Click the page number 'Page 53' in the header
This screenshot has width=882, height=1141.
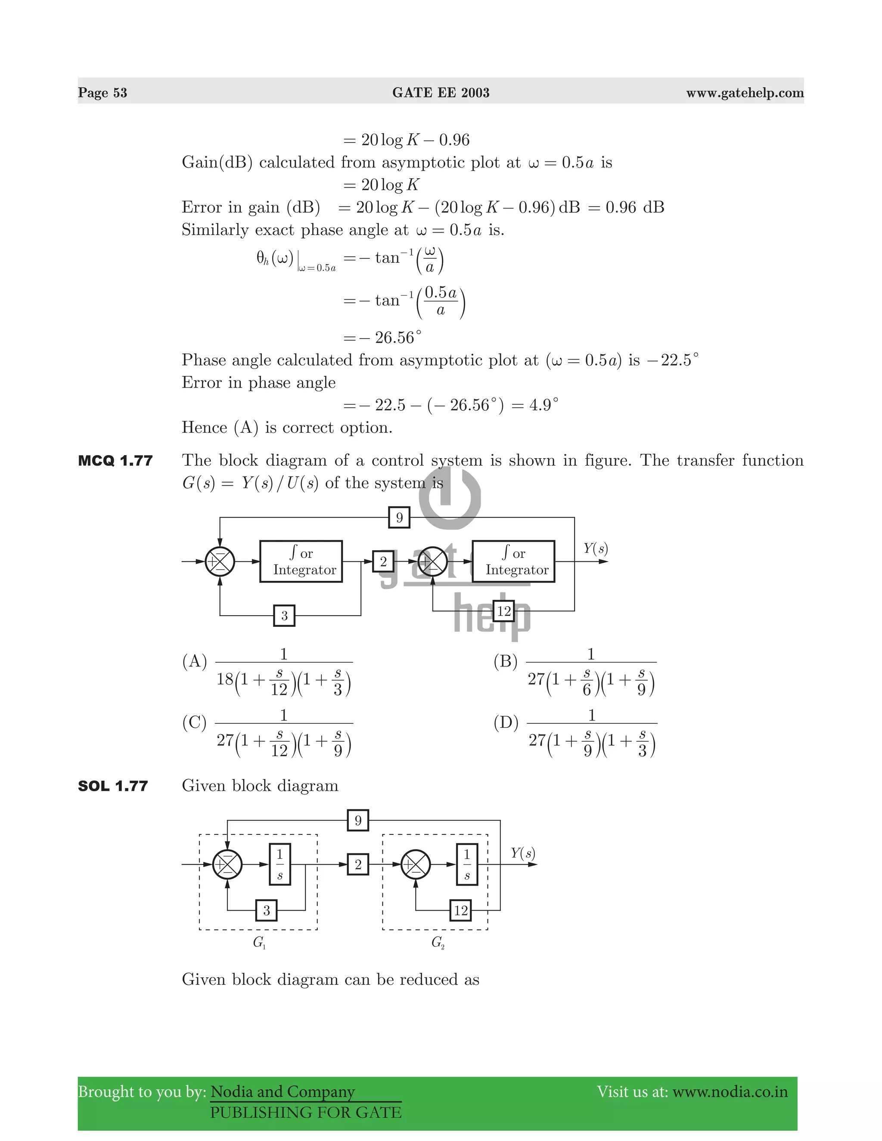(x=102, y=93)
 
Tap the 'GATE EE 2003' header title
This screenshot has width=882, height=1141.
(x=441, y=93)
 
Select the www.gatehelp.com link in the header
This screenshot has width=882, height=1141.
(x=745, y=93)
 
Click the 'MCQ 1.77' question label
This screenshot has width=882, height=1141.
(x=115, y=460)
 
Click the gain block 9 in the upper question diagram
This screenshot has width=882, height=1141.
(x=399, y=517)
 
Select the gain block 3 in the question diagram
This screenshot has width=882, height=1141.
(x=284, y=615)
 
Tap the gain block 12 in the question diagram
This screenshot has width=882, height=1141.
(x=504, y=611)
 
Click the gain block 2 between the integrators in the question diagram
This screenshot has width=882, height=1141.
(x=383, y=561)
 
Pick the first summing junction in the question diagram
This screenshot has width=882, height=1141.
(x=220, y=561)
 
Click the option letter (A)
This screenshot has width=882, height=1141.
(x=194, y=661)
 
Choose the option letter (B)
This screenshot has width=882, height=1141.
(x=505, y=661)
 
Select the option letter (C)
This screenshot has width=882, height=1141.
(x=194, y=722)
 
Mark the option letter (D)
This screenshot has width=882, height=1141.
(x=505, y=722)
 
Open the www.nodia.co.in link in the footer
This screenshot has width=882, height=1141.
(x=730, y=1091)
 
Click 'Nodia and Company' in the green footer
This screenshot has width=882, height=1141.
(x=282, y=1091)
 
